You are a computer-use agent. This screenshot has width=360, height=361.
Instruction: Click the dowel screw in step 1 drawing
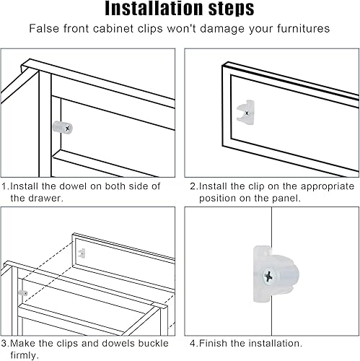click(x=68, y=129)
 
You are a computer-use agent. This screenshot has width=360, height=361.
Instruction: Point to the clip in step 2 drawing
click(x=245, y=112)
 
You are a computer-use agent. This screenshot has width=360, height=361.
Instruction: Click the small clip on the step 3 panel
click(x=82, y=253)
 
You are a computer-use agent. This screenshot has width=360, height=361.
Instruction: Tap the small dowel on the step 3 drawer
click(x=23, y=293)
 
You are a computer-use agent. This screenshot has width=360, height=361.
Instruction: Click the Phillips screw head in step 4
click(x=270, y=276)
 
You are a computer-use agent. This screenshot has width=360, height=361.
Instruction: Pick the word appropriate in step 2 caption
click(x=328, y=187)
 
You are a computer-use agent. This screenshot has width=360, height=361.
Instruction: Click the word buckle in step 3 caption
click(x=153, y=343)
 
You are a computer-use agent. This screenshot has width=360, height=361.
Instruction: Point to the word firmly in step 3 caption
click(x=25, y=355)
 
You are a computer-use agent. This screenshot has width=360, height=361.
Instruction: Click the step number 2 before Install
click(x=193, y=186)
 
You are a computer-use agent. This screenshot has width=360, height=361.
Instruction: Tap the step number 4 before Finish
click(x=193, y=344)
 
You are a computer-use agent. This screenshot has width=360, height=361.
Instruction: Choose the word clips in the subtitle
click(x=150, y=29)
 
